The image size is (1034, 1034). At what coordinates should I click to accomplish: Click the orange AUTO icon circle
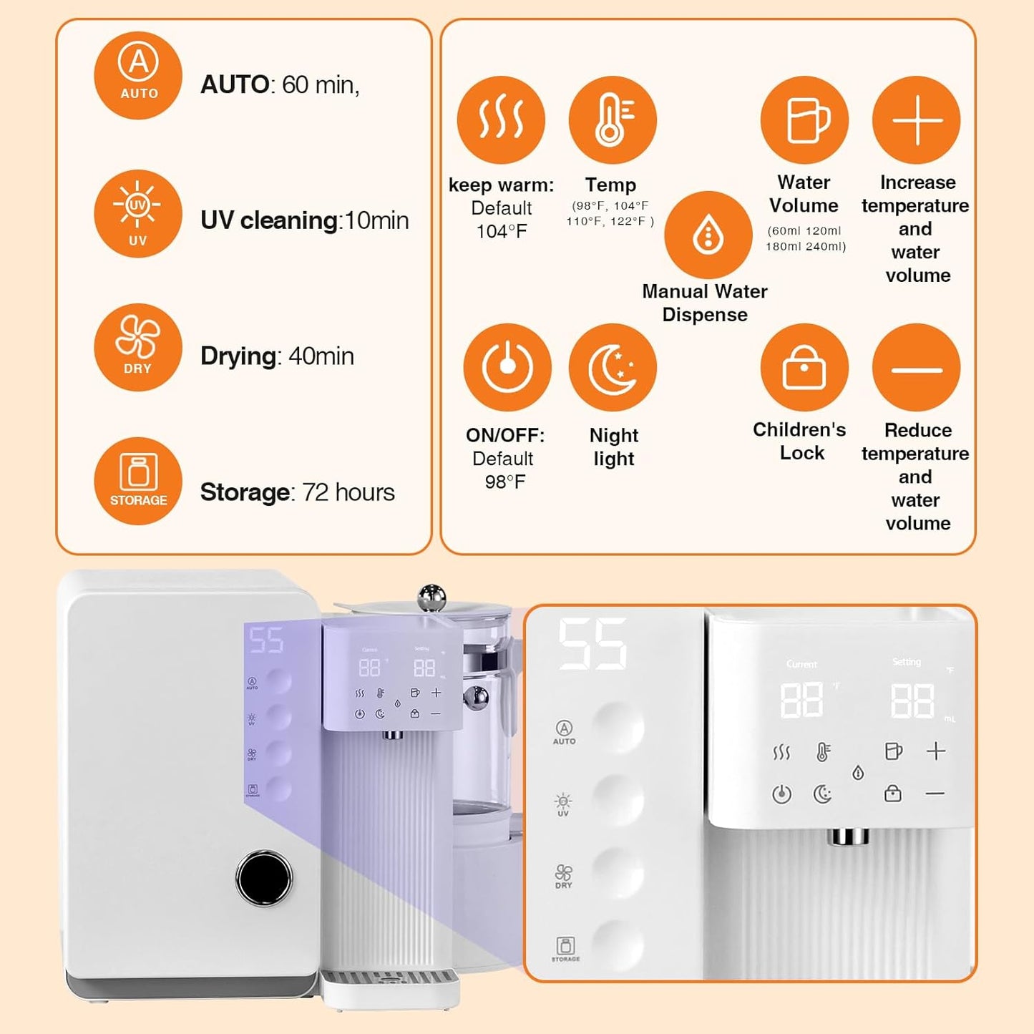(x=138, y=75)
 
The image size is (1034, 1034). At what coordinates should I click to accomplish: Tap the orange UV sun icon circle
(x=138, y=213)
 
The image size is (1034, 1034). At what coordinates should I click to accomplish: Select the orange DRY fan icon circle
(x=138, y=347)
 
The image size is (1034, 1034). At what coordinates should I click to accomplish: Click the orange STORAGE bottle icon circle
(x=138, y=481)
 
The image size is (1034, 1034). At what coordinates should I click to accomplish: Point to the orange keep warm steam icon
(x=501, y=120)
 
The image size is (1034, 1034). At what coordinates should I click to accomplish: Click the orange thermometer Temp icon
(x=613, y=120)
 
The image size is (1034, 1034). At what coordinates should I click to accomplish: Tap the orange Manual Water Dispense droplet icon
(x=708, y=235)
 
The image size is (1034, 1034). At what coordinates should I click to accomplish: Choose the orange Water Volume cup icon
(x=804, y=120)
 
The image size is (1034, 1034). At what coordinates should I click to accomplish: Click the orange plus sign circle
(x=916, y=120)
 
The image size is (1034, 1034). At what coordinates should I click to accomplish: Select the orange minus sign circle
(x=916, y=368)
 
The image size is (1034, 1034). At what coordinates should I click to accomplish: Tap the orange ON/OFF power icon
(x=507, y=367)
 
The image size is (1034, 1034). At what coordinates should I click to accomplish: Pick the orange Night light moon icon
(x=613, y=367)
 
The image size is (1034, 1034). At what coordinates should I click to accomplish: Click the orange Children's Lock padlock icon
(x=804, y=367)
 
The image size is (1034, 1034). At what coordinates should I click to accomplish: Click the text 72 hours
(x=348, y=492)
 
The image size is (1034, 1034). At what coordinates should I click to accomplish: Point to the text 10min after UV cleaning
(x=376, y=220)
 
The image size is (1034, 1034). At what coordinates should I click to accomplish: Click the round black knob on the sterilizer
(x=264, y=878)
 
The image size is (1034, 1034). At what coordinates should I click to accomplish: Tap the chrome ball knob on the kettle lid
(x=431, y=597)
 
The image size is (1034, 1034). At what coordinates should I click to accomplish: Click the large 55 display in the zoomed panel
(x=592, y=645)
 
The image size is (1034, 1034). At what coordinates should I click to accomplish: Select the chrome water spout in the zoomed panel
(x=849, y=836)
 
